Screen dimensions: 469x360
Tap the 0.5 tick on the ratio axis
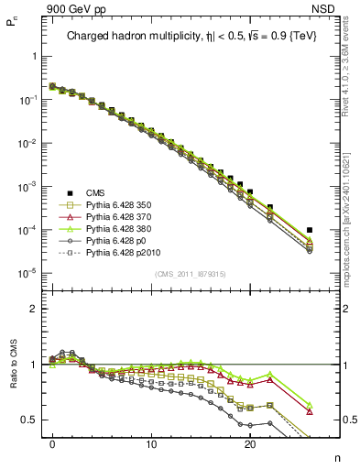click(29, 420)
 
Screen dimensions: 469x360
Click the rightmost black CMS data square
click(310, 230)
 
